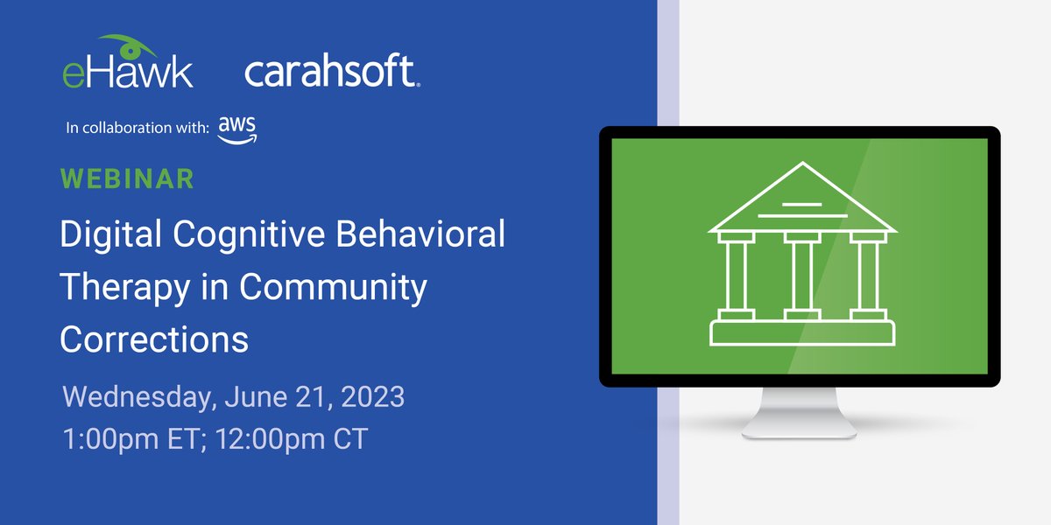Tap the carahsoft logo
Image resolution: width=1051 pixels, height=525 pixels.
pyautogui.click(x=332, y=72)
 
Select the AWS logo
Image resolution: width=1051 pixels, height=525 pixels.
pyautogui.click(x=237, y=129)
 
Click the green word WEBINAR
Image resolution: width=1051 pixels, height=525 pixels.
pyautogui.click(x=127, y=178)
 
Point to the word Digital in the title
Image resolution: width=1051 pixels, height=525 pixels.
pyautogui.click(x=109, y=236)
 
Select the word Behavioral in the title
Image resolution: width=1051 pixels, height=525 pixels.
pyautogui.click(x=431, y=236)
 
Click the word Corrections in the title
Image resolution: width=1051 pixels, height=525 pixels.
pyautogui.click(x=154, y=339)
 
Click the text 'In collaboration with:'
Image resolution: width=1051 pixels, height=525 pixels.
pyautogui.click(x=138, y=129)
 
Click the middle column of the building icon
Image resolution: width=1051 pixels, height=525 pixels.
pyautogui.click(x=801, y=276)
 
